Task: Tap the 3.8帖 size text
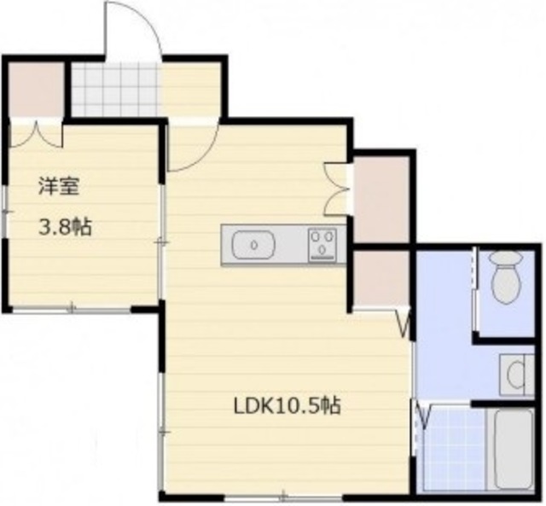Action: (64, 228)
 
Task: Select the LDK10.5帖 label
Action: (288, 406)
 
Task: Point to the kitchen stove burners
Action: (322, 243)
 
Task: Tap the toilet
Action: (506, 277)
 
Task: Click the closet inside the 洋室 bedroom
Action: (36, 90)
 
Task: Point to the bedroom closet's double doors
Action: (36, 135)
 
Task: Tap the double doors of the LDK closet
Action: (337, 188)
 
